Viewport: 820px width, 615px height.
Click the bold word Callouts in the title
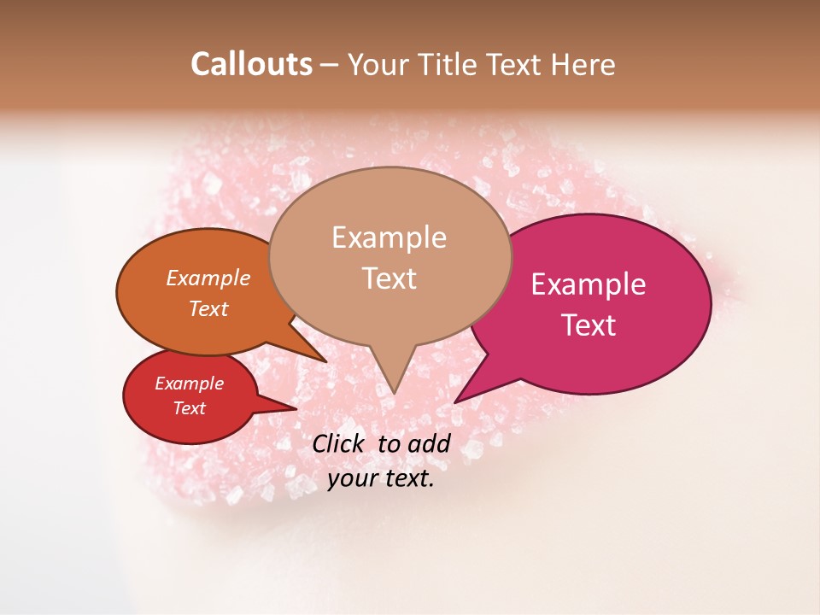click(251, 64)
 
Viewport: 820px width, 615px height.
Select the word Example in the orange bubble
click(208, 278)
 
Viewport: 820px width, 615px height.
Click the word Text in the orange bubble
click(208, 309)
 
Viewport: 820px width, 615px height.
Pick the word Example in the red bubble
click(189, 384)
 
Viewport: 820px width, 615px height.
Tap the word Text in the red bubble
click(189, 408)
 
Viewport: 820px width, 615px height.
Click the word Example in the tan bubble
click(389, 237)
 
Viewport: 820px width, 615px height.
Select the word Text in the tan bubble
click(389, 278)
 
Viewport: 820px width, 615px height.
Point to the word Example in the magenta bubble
click(589, 284)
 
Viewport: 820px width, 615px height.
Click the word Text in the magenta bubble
click(589, 325)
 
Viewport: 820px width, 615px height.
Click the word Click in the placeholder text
click(341, 443)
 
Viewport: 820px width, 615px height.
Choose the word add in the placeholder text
click(429, 443)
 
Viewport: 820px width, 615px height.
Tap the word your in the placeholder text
click(351, 479)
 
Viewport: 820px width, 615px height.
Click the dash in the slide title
click(330, 65)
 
